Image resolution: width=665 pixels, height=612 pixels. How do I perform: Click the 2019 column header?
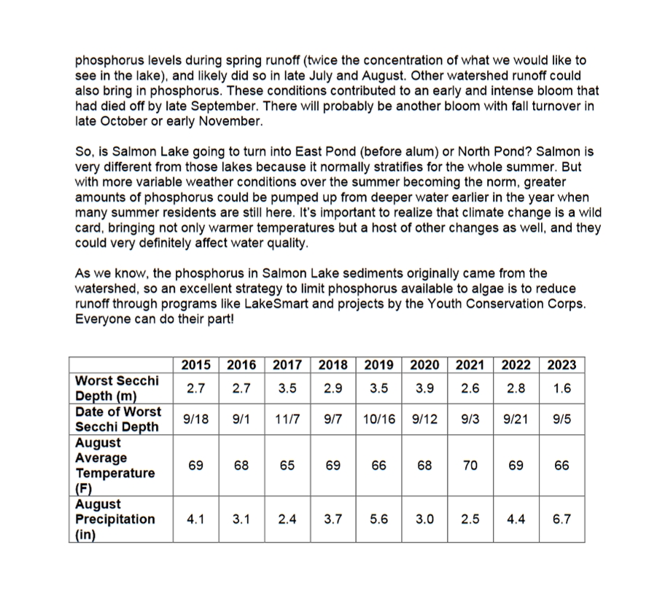(379, 365)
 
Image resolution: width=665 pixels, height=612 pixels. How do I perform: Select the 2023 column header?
(561, 365)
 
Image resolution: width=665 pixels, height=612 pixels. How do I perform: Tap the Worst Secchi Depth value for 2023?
(561, 388)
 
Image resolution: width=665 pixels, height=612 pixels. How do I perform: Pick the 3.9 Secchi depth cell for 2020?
(424, 388)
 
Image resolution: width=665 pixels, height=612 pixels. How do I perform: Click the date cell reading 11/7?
(287, 419)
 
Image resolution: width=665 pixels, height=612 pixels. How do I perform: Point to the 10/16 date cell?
(379, 419)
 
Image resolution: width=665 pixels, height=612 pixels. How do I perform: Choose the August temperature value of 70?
(470, 465)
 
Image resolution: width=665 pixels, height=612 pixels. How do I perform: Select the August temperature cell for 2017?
(287, 465)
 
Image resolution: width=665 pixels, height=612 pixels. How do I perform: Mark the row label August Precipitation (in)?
(115, 519)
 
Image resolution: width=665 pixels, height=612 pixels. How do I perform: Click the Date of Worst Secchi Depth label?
(118, 419)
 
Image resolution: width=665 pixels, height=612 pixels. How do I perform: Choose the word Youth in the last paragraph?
(433, 304)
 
